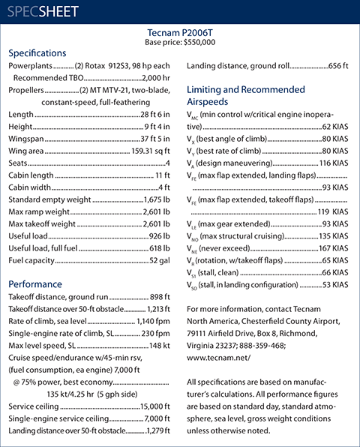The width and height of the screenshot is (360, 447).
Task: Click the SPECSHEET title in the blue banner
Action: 46,13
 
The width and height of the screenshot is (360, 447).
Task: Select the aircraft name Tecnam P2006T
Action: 180,32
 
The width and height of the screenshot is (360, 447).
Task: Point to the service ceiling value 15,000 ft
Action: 154,406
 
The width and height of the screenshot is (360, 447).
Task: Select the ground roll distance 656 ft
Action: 337,66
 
